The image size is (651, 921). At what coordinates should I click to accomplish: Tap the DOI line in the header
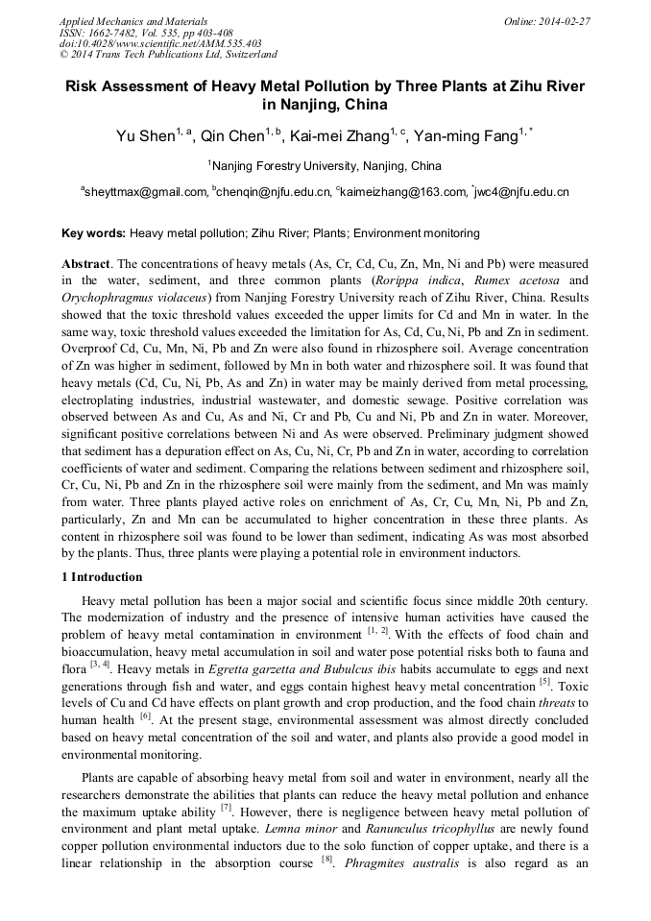160,43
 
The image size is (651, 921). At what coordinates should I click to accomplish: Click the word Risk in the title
84,86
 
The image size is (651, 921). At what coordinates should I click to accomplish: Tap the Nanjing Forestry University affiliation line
326,166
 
